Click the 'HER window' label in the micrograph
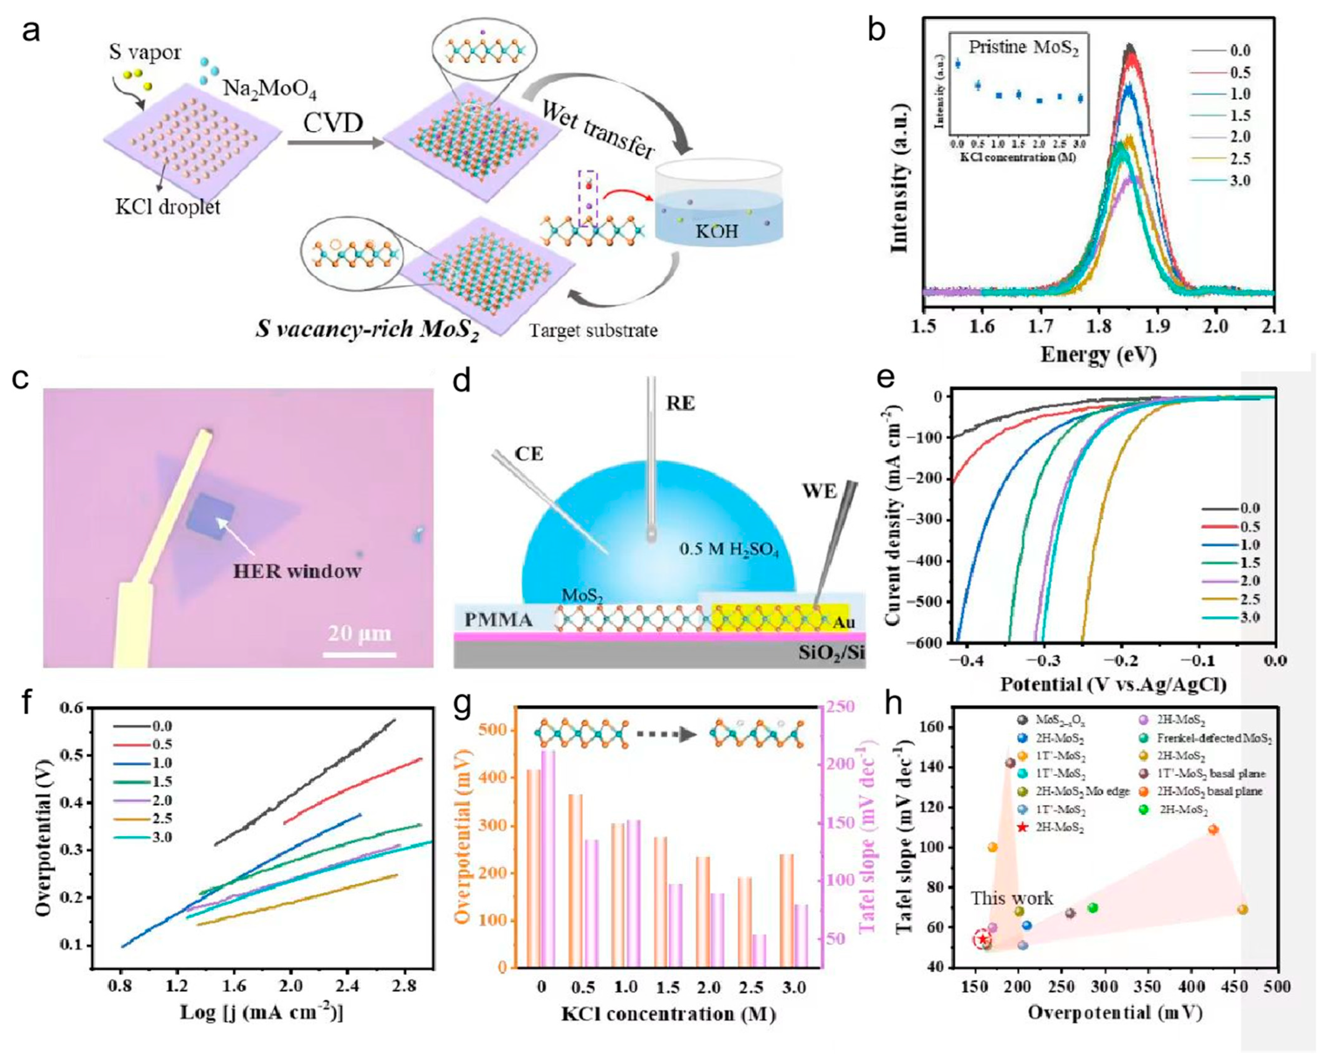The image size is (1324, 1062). pyautogui.click(x=297, y=571)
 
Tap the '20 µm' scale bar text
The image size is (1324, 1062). pyautogui.click(x=359, y=633)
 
